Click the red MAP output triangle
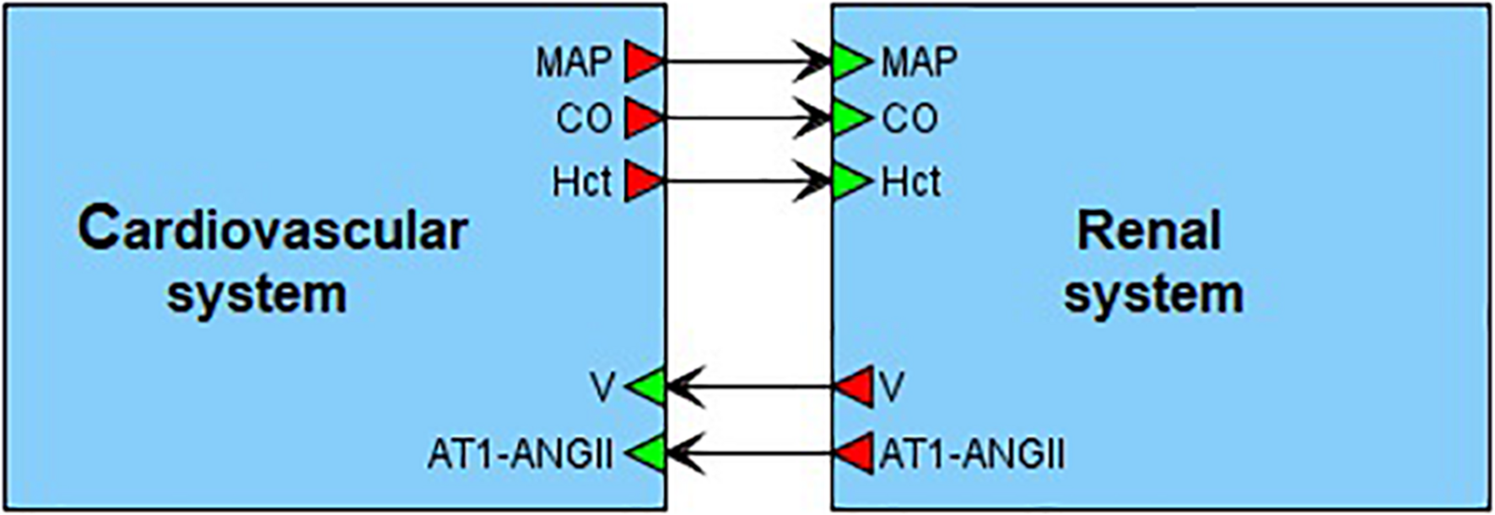pyautogui.click(x=642, y=62)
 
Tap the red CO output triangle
pyautogui.click(x=642, y=118)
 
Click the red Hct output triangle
pyautogui.click(x=642, y=182)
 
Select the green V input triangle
pyautogui.click(x=648, y=388)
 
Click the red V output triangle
pyautogui.click(x=855, y=388)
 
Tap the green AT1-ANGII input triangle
pyautogui.click(x=648, y=453)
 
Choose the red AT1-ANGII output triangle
pyautogui.click(x=855, y=453)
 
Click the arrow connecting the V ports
pyautogui.click(x=751, y=388)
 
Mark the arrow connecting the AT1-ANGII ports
pyautogui.click(x=751, y=453)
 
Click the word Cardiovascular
pyautogui.click(x=273, y=230)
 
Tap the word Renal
pyautogui.click(x=1149, y=230)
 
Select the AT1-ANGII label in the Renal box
pyautogui.click(x=972, y=454)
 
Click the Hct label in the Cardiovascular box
pyautogui.click(x=581, y=182)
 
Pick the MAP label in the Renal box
pyautogui.click(x=919, y=62)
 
